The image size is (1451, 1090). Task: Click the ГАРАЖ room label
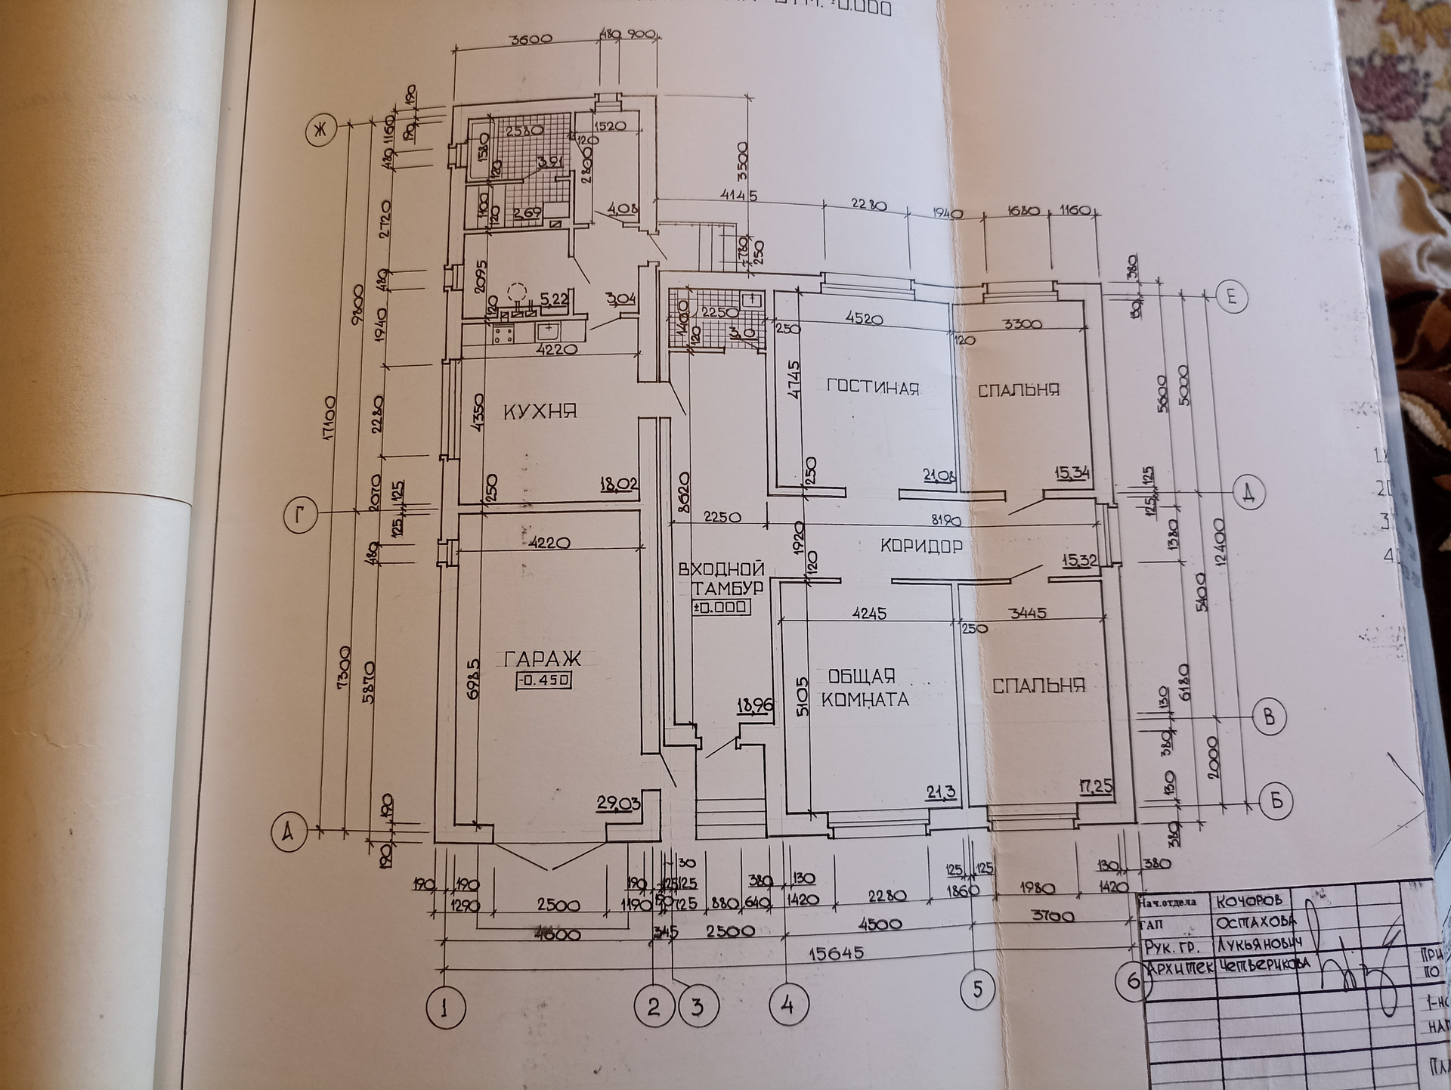543,658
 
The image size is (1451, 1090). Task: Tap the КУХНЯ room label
540,411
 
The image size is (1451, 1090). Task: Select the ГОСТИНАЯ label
873,388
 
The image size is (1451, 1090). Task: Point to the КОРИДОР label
921,546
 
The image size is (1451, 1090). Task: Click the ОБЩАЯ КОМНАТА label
864,687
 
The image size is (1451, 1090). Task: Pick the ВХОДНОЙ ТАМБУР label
720,578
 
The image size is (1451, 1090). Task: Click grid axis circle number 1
445,1007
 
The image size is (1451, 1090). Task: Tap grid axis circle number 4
788,1005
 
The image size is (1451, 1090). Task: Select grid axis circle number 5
978,989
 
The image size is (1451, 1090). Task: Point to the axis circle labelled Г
300,517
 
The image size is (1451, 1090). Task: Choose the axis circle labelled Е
1231,296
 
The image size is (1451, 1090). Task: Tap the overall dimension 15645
835,954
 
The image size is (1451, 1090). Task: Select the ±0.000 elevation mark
721,607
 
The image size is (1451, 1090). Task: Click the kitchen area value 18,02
618,485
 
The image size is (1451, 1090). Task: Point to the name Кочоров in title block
1250,900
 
